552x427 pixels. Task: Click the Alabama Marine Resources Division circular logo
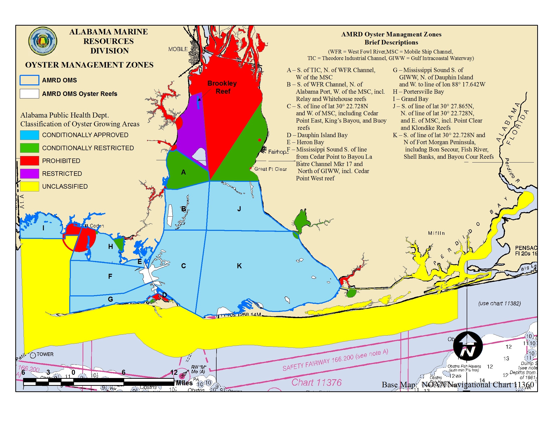click(x=43, y=41)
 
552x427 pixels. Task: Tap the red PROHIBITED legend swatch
click(x=30, y=161)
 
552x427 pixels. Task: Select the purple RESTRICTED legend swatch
click(x=30, y=174)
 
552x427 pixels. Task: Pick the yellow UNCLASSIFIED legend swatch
click(x=30, y=186)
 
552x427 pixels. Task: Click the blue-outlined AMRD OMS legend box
click(x=30, y=80)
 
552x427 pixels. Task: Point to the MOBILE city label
click(x=178, y=49)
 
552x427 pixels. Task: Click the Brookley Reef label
click(x=222, y=87)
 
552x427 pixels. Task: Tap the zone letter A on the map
click(x=183, y=172)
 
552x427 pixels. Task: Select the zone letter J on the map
click(x=239, y=209)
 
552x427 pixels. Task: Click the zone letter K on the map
click(x=239, y=266)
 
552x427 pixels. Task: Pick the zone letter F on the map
click(x=110, y=276)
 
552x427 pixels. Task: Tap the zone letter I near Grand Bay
click(x=43, y=228)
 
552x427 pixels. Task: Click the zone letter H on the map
click(x=110, y=247)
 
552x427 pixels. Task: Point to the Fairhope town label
click(x=278, y=152)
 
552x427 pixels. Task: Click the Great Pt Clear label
click(x=270, y=169)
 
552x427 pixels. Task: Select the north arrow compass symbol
click(x=468, y=346)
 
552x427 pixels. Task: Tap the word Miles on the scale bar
click(x=184, y=383)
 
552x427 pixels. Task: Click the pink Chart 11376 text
click(x=316, y=383)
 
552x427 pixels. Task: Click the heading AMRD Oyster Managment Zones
click(x=391, y=34)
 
